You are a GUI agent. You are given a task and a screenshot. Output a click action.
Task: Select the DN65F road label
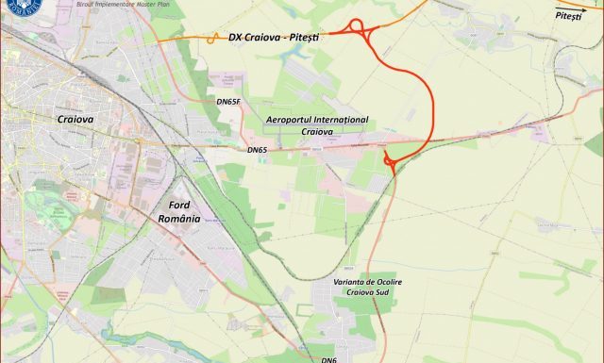coord(229,101)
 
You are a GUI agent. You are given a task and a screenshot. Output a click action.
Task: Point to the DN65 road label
coord(257,150)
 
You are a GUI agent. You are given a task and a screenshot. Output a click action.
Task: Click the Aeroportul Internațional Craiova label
coord(317,126)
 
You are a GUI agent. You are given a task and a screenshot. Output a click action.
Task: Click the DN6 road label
coord(328,360)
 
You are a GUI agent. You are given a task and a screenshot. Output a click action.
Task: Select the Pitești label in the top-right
coord(569,16)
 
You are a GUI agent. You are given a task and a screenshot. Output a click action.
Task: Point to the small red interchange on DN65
coord(390,162)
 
